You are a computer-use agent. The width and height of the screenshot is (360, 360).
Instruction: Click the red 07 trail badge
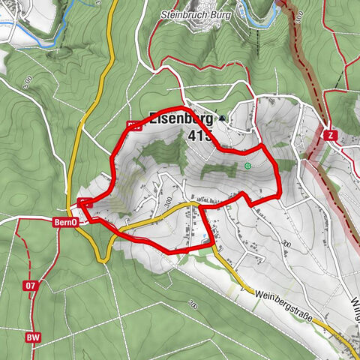click(x=30, y=286)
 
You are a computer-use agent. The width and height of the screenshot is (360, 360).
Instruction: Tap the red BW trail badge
click(x=33, y=337)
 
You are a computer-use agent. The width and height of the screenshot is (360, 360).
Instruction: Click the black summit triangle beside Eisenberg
click(x=222, y=118)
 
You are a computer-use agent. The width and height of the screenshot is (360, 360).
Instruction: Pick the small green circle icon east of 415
click(x=247, y=166)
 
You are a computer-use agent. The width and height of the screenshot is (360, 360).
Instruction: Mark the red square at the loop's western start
click(x=83, y=201)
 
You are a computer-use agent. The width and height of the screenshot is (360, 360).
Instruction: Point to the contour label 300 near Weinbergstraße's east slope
click(x=285, y=244)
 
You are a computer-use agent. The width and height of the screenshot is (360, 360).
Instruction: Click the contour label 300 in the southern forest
click(x=193, y=305)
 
